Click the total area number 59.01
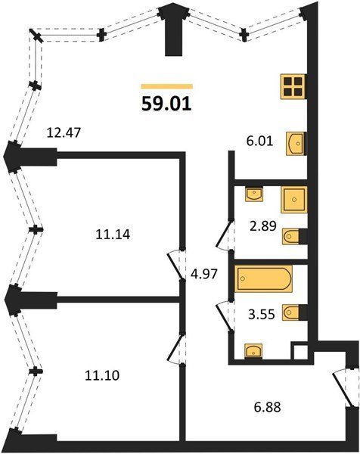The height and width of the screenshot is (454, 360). tap(166, 104)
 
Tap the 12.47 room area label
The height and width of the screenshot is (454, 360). tap(64, 133)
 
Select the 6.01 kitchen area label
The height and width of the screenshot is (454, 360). tap(260, 141)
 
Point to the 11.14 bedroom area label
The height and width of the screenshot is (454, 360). tap(113, 235)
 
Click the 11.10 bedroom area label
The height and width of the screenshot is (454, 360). tap(102, 375)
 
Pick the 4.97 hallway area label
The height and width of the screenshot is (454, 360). tap(203, 274)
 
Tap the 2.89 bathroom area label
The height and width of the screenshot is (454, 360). tap(263, 225)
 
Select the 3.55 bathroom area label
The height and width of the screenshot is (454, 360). tap(262, 314)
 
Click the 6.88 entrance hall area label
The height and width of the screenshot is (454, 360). tap(268, 407)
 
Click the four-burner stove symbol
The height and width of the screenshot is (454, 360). tap(293, 87)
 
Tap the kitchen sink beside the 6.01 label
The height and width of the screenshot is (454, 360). tap(296, 143)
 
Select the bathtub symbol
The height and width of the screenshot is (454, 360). tap(263, 278)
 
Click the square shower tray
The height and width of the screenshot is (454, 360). tap(293, 200)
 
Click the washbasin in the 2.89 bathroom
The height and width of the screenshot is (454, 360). tap(254, 194)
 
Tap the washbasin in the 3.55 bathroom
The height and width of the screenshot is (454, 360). tap(253, 350)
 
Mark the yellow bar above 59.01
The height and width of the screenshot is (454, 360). tap(167, 86)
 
